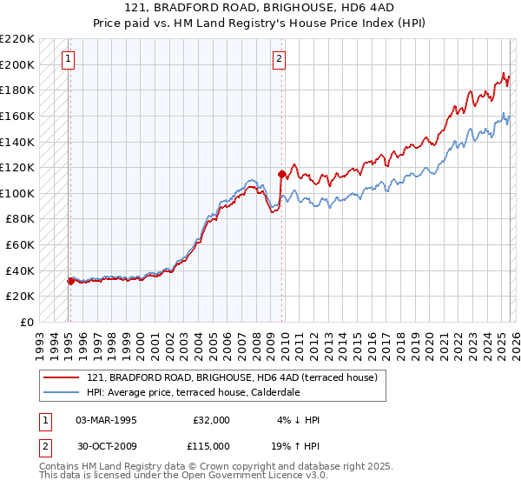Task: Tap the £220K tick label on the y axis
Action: coord(17,39)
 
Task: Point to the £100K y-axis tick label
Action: coord(17,193)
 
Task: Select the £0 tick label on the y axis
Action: coord(26,322)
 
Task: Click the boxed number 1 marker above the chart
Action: coord(69,60)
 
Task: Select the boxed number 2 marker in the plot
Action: coord(279,60)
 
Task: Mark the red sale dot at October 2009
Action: coord(282,174)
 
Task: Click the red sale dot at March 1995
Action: coord(70,281)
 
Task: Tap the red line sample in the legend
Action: coord(61,378)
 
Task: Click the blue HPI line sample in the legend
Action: coord(61,392)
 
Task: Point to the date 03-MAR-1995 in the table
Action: coord(106,420)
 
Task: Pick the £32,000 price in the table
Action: coord(211,420)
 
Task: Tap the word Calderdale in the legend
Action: coord(274,392)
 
